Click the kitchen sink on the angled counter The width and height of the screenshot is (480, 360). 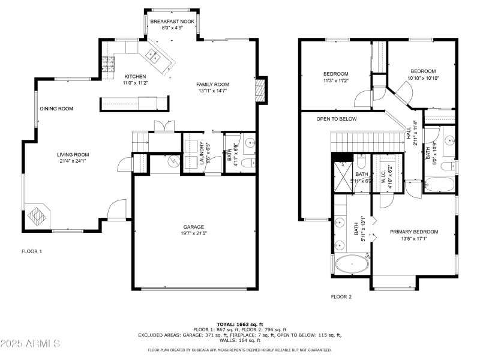click(x=151, y=58)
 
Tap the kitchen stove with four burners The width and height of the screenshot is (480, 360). click(x=107, y=64)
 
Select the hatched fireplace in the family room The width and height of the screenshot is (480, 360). click(x=259, y=90)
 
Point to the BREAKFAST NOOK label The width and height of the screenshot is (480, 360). click(x=172, y=21)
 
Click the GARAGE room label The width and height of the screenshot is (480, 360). click(x=194, y=227)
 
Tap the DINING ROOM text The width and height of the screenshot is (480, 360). click(x=56, y=109)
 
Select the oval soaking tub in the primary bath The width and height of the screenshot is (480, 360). click(x=352, y=265)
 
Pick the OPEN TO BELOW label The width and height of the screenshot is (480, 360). click(x=337, y=119)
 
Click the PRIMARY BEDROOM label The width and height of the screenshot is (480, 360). click(x=413, y=232)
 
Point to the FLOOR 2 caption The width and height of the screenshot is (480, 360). click(x=341, y=296)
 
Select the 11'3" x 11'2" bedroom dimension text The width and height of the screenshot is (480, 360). click(x=335, y=80)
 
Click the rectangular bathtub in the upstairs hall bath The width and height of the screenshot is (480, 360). click(x=440, y=184)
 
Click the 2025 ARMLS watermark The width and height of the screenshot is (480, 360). click(x=30, y=344)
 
